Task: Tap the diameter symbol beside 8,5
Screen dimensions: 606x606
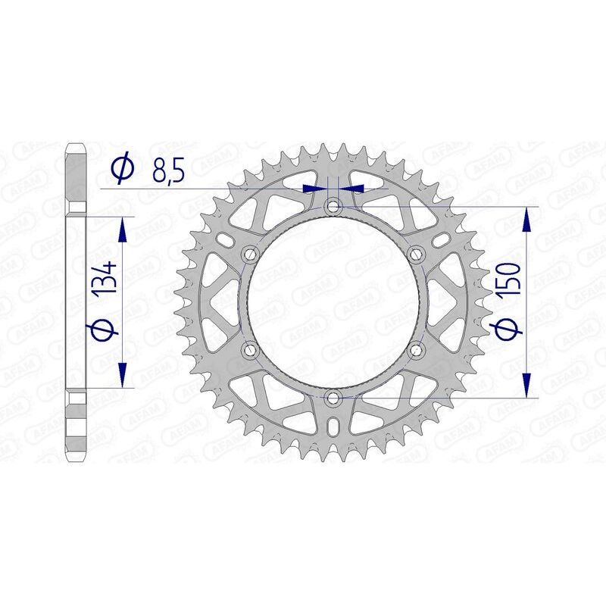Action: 122,170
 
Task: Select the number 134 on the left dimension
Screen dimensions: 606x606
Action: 107,278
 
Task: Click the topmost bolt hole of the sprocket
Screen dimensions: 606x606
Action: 333,205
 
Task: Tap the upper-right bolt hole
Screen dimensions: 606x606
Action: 415,253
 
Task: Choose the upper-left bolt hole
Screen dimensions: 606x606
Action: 249,253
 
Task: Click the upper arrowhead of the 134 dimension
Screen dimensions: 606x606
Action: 121,224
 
